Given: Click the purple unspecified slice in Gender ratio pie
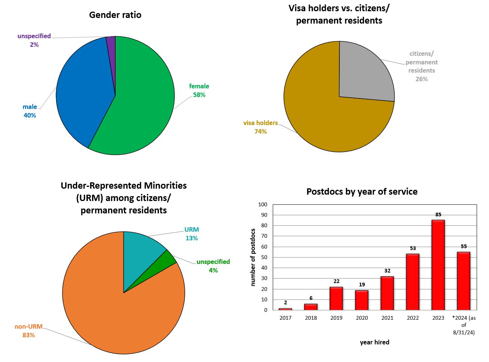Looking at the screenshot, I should pos(111,45).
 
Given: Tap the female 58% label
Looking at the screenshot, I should pos(199,91).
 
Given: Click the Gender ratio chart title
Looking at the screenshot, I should pos(115,15).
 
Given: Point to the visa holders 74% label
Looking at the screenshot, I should pos(260,127).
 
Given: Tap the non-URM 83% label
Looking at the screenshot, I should pos(28,331).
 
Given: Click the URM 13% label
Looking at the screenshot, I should pos(192,234).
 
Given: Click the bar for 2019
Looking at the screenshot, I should pos(336,298).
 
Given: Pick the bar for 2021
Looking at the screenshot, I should pos(387,293).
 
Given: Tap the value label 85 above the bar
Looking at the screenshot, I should pos(438,215).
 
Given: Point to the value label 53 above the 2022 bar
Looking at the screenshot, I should pos(413,249).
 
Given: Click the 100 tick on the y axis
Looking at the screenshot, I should pos(263,204).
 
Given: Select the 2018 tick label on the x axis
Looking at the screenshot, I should pos(311,318).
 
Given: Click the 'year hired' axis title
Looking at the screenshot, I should pos(375,342).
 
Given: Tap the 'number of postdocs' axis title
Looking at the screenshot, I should pos(253,257).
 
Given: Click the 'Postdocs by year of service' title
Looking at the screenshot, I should pos(362,192).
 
